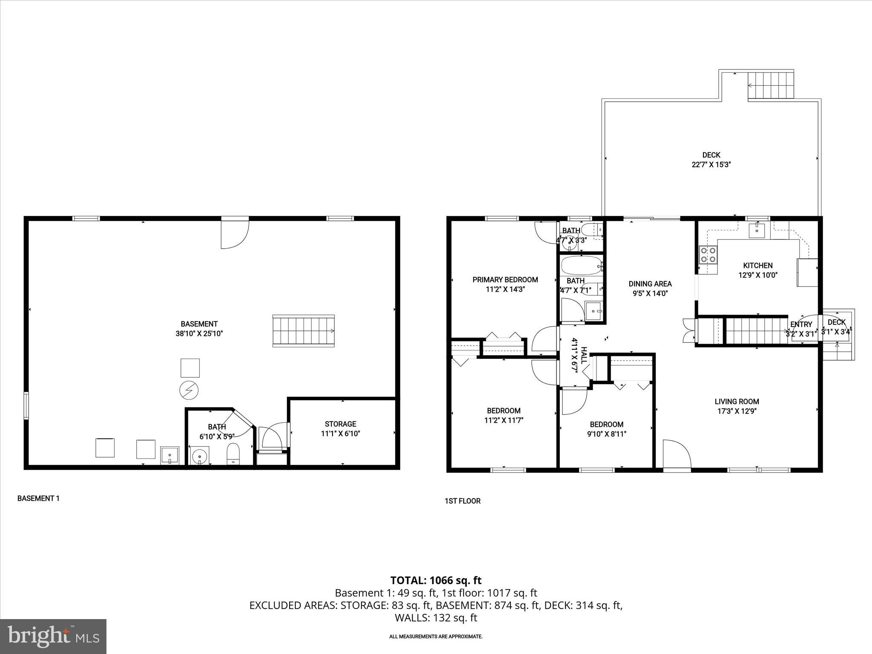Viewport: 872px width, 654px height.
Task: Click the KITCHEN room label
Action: [x=757, y=265]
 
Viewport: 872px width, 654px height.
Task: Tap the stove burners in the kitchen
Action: [x=708, y=255]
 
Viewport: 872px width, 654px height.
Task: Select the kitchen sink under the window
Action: [x=757, y=230]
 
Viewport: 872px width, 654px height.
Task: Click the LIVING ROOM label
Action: [x=737, y=401]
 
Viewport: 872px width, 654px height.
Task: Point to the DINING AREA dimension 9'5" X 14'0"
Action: [x=650, y=293]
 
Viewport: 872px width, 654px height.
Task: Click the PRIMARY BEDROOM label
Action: [x=505, y=280]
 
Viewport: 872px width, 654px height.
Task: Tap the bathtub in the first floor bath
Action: [x=581, y=267]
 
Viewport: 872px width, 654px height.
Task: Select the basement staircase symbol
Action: [x=303, y=331]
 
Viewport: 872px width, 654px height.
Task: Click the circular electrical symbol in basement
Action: [x=189, y=390]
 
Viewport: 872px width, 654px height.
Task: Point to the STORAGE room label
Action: [x=340, y=424]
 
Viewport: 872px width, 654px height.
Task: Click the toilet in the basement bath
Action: [x=233, y=454]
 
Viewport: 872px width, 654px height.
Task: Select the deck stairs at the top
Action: [x=771, y=85]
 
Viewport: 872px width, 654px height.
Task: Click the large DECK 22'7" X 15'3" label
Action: [x=711, y=160]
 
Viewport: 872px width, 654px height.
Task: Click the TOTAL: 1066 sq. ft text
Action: [x=436, y=580]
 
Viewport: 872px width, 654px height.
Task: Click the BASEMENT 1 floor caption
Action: [x=38, y=498]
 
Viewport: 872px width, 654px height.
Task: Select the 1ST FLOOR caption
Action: [x=462, y=501]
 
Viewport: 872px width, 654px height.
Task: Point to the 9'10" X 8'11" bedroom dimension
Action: [x=606, y=434]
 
